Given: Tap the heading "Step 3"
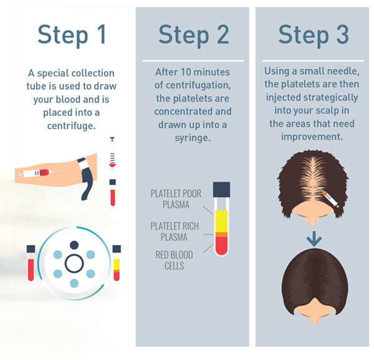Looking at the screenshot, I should pyautogui.click(x=313, y=35).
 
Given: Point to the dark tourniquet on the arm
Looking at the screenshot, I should pyautogui.click(x=85, y=178).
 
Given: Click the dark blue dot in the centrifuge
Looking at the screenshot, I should pyautogui.click(x=74, y=245).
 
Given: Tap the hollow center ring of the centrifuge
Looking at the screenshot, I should pyautogui.click(x=74, y=264).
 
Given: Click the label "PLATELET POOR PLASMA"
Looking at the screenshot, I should pyautogui.click(x=176, y=199).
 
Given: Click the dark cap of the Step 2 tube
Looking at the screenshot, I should pyautogui.click(x=222, y=189).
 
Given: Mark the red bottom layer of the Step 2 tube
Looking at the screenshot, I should pyautogui.click(x=222, y=246).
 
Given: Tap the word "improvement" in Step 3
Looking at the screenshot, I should pyautogui.click(x=312, y=135).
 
